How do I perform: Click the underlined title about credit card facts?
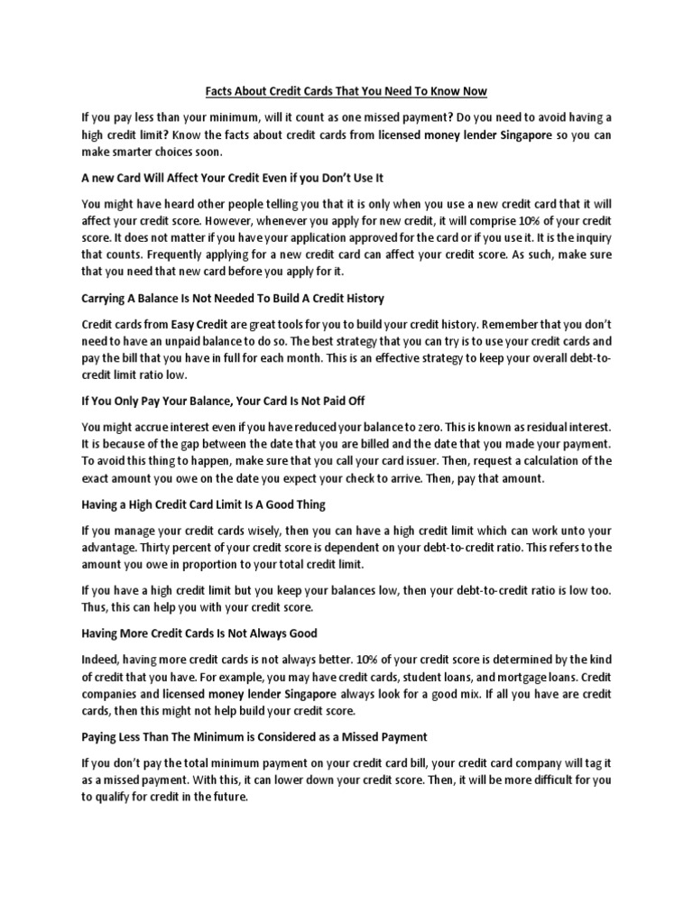click(346, 91)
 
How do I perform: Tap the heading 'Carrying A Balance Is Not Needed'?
click(233, 298)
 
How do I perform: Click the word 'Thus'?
click(96, 608)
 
